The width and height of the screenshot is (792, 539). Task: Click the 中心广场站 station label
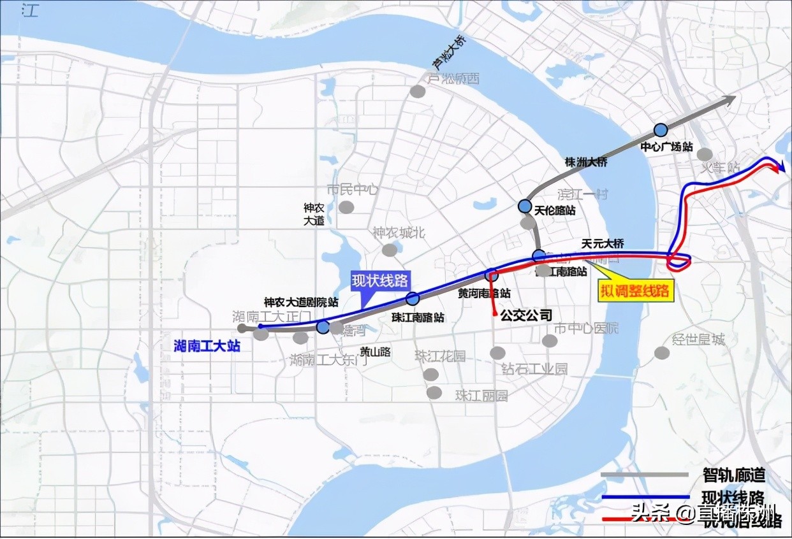point(666,146)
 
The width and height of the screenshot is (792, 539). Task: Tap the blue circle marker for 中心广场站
point(660,130)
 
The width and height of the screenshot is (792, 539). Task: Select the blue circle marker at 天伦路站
point(525,206)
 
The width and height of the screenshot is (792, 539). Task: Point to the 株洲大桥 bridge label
point(586,162)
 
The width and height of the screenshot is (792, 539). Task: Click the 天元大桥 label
point(603,243)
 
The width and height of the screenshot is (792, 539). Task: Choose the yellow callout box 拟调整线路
point(634,291)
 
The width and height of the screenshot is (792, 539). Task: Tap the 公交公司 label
point(525,314)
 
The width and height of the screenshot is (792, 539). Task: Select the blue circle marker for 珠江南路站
point(413,299)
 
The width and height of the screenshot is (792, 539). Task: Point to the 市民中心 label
point(353,190)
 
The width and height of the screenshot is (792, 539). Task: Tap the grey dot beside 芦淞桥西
point(418,91)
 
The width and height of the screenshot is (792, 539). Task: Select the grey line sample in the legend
point(645,475)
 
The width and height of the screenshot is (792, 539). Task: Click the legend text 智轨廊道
point(733,475)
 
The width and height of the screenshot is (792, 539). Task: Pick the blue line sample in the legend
point(645,496)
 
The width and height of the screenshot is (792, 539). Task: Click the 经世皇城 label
point(699,340)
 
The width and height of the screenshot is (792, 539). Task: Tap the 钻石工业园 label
point(534,368)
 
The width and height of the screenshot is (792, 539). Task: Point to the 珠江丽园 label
point(481,395)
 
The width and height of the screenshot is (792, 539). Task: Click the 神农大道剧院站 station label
point(301,302)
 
